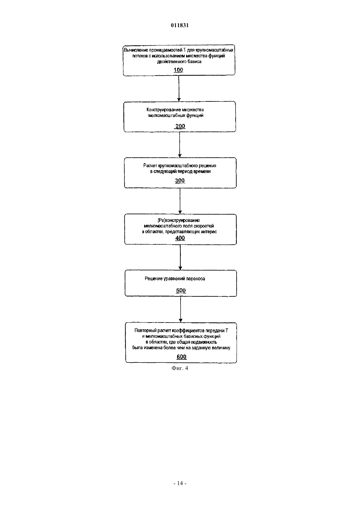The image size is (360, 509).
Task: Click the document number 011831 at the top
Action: [180, 25]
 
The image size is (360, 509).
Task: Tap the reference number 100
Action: [178, 70]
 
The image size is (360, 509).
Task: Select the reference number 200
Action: [180, 126]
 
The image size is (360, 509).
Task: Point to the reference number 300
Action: [180, 181]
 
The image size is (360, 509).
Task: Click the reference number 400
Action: [180, 238]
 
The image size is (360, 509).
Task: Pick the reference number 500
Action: [181, 290]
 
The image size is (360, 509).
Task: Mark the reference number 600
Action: [182, 357]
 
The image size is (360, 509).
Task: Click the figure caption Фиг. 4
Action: [180, 368]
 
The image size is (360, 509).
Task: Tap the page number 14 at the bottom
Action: [180, 483]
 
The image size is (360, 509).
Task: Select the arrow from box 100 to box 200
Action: [179, 88]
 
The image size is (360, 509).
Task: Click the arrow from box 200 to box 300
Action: [180, 145]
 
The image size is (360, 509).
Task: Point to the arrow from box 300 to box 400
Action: [180, 201]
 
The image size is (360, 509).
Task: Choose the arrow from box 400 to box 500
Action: [180, 257]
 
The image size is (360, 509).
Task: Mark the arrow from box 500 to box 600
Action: [181, 309]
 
